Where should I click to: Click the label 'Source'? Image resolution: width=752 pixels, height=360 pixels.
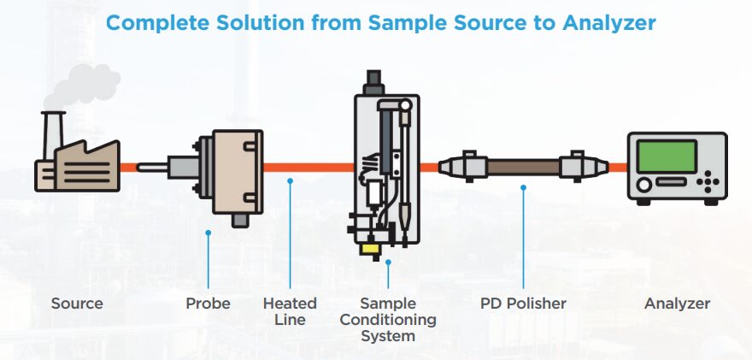(77, 304)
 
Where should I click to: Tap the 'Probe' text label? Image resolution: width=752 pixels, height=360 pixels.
(208, 304)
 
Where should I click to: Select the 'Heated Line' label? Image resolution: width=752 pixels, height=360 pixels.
(290, 311)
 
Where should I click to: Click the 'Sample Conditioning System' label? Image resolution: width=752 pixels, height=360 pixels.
(388, 319)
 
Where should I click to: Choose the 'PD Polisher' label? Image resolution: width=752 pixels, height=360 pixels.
(523, 304)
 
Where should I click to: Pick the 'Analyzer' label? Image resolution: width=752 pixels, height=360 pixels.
(677, 304)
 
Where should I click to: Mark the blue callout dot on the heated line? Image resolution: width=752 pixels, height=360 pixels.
(291, 180)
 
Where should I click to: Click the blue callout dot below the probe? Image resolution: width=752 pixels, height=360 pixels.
(208, 232)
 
